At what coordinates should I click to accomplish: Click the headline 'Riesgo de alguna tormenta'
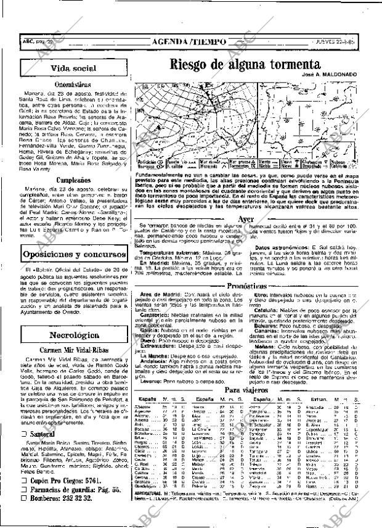pyautogui.click(x=245, y=65)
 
